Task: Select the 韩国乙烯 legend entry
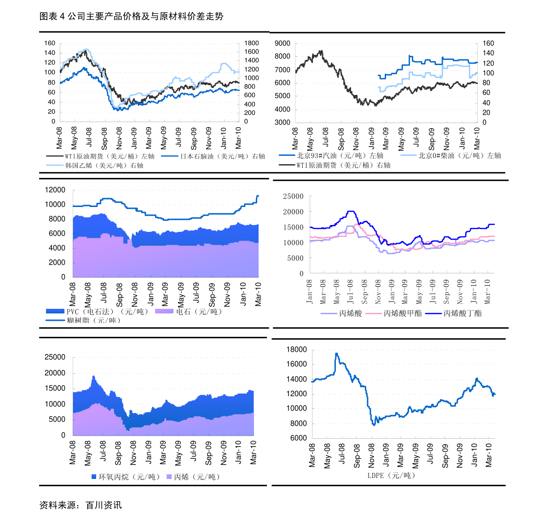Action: (x=104, y=165)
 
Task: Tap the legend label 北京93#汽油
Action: (x=340, y=156)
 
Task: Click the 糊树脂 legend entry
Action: (x=93, y=320)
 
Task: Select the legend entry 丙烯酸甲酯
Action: (x=402, y=313)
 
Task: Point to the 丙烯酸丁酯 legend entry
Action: (x=462, y=313)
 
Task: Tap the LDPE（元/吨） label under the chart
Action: (x=391, y=475)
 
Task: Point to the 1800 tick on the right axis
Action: (x=252, y=43)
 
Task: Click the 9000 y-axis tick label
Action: (x=282, y=43)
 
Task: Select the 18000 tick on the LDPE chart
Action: (x=296, y=350)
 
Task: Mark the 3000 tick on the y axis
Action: (x=282, y=123)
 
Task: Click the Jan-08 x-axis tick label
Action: (x=309, y=291)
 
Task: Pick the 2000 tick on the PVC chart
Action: (x=57, y=263)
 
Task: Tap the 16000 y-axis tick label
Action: (x=296, y=365)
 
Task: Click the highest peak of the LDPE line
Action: (x=336, y=354)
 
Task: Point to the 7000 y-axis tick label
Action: (x=282, y=70)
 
